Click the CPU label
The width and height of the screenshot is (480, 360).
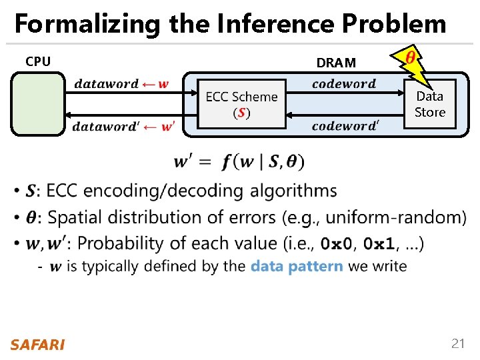[x=38, y=62]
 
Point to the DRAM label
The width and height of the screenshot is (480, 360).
[x=336, y=63]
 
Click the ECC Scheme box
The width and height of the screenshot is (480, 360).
[x=241, y=103]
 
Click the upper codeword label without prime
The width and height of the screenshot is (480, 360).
[x=343, y=84]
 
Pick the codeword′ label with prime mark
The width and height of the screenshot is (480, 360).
[x=345, y=126]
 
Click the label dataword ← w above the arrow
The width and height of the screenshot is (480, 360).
[x=121, y=84]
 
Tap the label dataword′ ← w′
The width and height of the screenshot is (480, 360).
[x=123, y=127]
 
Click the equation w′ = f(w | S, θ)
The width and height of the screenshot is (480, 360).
[x=238, y=161]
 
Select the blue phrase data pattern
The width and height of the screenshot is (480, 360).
[x=297, y=266]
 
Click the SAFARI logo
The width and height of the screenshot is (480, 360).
[x=37, y=345]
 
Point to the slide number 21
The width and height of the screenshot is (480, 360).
[x=457, y=344]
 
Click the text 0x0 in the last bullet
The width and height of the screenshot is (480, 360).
[x=336, y=243]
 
